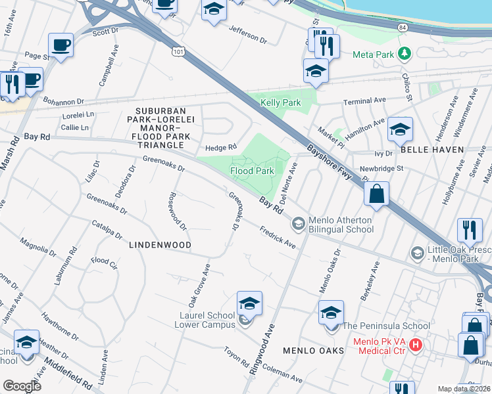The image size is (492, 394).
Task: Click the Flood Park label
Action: pyautogui.click(x=252, y=171)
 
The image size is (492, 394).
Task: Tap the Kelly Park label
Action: pyautogui.click(x=281, y=102)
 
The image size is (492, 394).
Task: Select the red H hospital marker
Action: pyautogui.click(x=416, y=343)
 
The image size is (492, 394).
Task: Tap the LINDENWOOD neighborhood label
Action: pyautogui.click(x=160, y=245)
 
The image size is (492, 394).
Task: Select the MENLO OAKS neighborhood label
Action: pyautogui.click(x=314, y=351)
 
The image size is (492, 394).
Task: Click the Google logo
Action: pyautogui.click(x=22, y=385)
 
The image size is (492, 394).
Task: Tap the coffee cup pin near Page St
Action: pyautogui.click(x=61, y=46)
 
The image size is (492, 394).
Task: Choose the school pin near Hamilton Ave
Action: pyautogui.click(x=400, y=130)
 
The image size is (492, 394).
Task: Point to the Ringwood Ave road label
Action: pyautogui.click(x=262, y=353)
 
